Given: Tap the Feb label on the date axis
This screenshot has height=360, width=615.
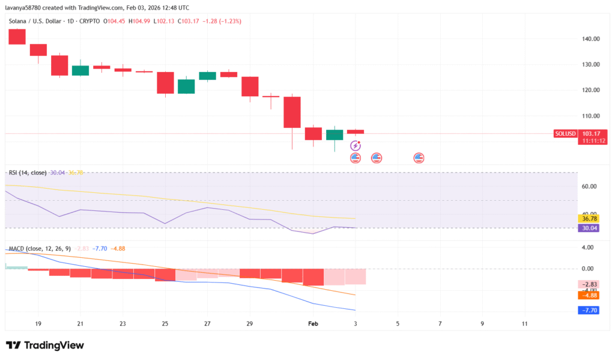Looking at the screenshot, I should point(313,323).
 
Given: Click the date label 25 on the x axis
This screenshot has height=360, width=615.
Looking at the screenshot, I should point(165,323).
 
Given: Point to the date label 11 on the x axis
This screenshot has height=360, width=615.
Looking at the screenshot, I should point(524,323).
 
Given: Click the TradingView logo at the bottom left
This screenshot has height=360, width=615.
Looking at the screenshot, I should point(45,345).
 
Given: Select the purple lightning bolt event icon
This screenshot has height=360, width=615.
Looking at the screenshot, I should point(356,145).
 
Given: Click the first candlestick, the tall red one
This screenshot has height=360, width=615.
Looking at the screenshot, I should point(17,37).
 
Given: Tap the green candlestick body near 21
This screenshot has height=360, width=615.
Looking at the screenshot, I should point(80,70).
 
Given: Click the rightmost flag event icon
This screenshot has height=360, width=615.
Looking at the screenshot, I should point(419,158).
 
